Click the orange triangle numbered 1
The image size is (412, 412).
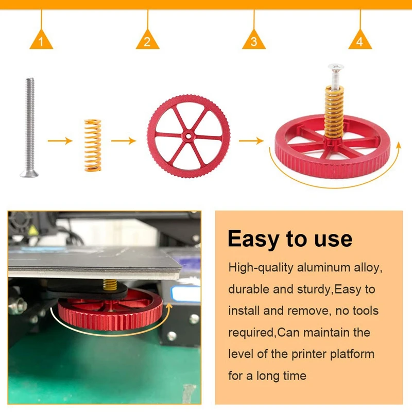tap(41, 40)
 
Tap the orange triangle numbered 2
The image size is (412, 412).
tap(147, 40)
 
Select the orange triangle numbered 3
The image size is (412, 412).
tap(254, 40)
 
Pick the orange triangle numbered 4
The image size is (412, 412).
tap(360, 40)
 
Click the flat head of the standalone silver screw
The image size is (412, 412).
tap(29, 174)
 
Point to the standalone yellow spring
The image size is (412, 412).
tap(93, 145)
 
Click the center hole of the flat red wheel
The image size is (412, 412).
tap(188, 136)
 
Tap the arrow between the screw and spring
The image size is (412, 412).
tap(60, 141)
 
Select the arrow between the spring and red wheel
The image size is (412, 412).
tap(124, 141)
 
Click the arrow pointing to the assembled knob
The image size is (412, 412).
tap(251, 141)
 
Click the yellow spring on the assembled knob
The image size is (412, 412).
tap(334, 112)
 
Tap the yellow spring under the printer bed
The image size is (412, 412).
tap(110, 284)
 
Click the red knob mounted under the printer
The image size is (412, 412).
tap(110, 310)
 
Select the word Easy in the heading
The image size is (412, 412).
tap(253, 238)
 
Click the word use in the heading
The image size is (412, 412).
tap(333, 239)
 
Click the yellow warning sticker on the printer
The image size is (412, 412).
tap(33, 231)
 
